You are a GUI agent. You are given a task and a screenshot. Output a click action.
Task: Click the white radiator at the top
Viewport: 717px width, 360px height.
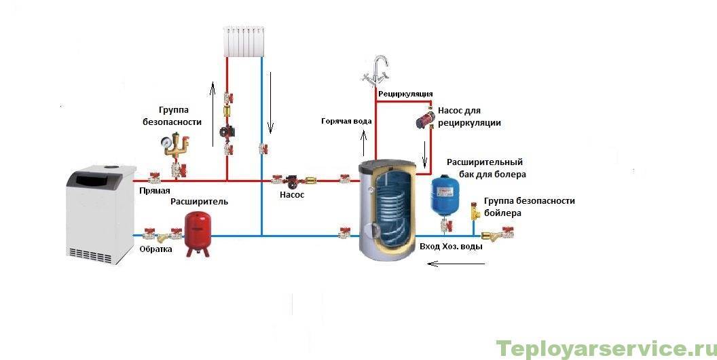[244, 41]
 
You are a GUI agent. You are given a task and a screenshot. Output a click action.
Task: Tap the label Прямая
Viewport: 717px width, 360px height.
[155, 191]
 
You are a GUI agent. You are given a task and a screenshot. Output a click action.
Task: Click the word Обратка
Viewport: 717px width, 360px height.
[156, 249]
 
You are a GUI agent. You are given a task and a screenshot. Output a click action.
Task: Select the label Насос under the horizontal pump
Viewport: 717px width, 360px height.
[292, 194]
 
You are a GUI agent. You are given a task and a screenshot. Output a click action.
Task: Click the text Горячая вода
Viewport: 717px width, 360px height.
[346, 121]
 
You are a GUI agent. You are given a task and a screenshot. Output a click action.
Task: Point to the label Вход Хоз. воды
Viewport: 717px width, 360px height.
[451, 247]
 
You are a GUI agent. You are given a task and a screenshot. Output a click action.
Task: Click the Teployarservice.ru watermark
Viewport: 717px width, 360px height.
[606, 349]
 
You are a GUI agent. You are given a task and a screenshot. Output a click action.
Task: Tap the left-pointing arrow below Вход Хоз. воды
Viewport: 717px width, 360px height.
[456, 264]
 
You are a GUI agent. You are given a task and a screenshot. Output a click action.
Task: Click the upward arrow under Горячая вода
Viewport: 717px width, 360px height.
[364, 143]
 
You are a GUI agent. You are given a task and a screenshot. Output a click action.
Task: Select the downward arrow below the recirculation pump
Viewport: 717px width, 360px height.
[425, 154]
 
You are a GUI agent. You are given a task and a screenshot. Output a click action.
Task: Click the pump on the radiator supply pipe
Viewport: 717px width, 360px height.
[226, 131]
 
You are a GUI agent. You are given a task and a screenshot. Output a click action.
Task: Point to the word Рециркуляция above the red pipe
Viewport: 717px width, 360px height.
[405, 94]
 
